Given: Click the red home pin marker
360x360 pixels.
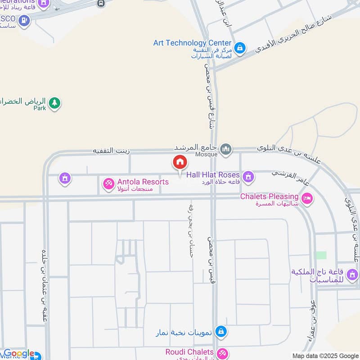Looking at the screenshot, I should (180, 162).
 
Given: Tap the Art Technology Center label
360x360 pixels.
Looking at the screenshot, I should (192, 43).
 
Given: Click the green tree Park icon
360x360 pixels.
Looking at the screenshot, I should (54, 103).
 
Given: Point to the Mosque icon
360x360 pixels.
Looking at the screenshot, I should (226, 148).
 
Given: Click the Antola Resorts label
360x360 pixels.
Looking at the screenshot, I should (143, 182).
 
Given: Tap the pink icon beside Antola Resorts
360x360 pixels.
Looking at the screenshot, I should (108, 183).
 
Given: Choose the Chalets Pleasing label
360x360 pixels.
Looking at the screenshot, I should (269, 197).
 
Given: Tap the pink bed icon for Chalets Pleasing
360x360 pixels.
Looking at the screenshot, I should (307, 198).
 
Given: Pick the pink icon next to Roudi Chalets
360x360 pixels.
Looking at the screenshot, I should (221, 353).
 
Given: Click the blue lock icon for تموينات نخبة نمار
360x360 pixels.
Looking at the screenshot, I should (220, 332).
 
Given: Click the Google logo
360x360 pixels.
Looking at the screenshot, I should (19, 354).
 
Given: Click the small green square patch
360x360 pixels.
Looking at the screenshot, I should (321, 255).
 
